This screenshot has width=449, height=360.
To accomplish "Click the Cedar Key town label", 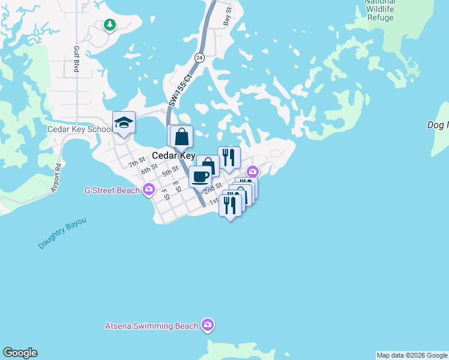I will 173,155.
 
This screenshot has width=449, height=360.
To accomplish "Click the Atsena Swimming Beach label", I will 151,326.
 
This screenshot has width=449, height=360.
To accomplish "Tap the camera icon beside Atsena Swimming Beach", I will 208,325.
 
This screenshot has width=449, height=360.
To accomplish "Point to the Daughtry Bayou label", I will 62,234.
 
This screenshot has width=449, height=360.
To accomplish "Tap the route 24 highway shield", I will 199,58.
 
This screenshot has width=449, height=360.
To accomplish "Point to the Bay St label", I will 228,16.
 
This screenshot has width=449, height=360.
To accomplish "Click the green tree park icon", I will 109,25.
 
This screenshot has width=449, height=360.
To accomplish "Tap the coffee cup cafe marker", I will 200,176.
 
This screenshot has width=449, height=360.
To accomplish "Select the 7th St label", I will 137,162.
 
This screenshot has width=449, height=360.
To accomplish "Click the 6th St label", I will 149,170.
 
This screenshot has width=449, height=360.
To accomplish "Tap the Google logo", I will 20,353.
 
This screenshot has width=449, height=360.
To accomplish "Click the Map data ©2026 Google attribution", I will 412,355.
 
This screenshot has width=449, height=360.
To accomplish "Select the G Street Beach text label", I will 112,191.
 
